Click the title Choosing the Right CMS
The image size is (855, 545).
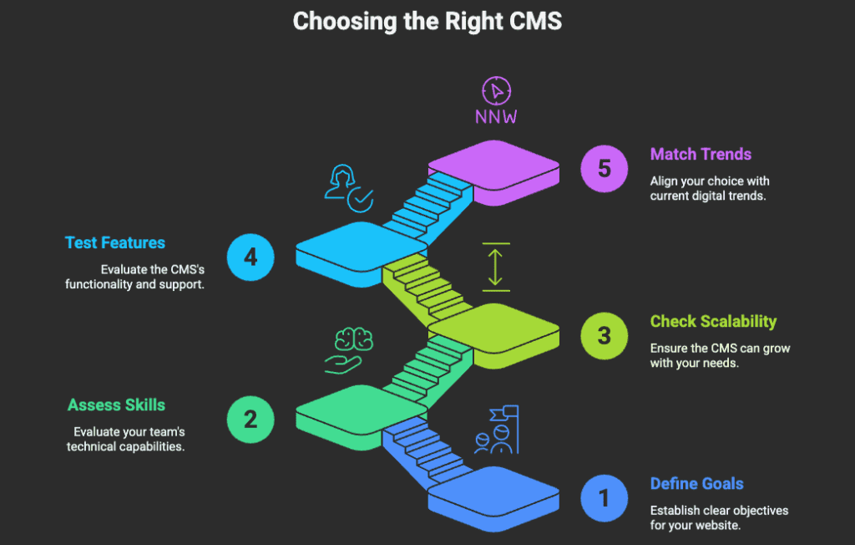click(427, 22)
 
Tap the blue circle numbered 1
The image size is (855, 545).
click(604, 499)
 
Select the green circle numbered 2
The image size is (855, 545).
click(250, 418)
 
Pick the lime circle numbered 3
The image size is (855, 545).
click(604, 336)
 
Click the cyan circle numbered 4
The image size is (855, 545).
click(250, 256)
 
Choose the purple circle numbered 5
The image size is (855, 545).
click(604, 168)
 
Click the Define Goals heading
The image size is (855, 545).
click(696, 484)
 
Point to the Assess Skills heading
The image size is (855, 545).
click(116, 405)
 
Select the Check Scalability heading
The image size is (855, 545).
click(713, 322)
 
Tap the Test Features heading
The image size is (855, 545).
click(115, 243)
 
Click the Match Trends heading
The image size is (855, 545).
click(701, 155)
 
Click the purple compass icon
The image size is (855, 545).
click(496, 90)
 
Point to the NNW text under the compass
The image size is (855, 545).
click(496, 116)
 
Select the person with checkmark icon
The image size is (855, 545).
click(347, 187)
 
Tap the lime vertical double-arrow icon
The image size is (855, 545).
click(495, 266)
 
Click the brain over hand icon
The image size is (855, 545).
click(348, 349)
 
